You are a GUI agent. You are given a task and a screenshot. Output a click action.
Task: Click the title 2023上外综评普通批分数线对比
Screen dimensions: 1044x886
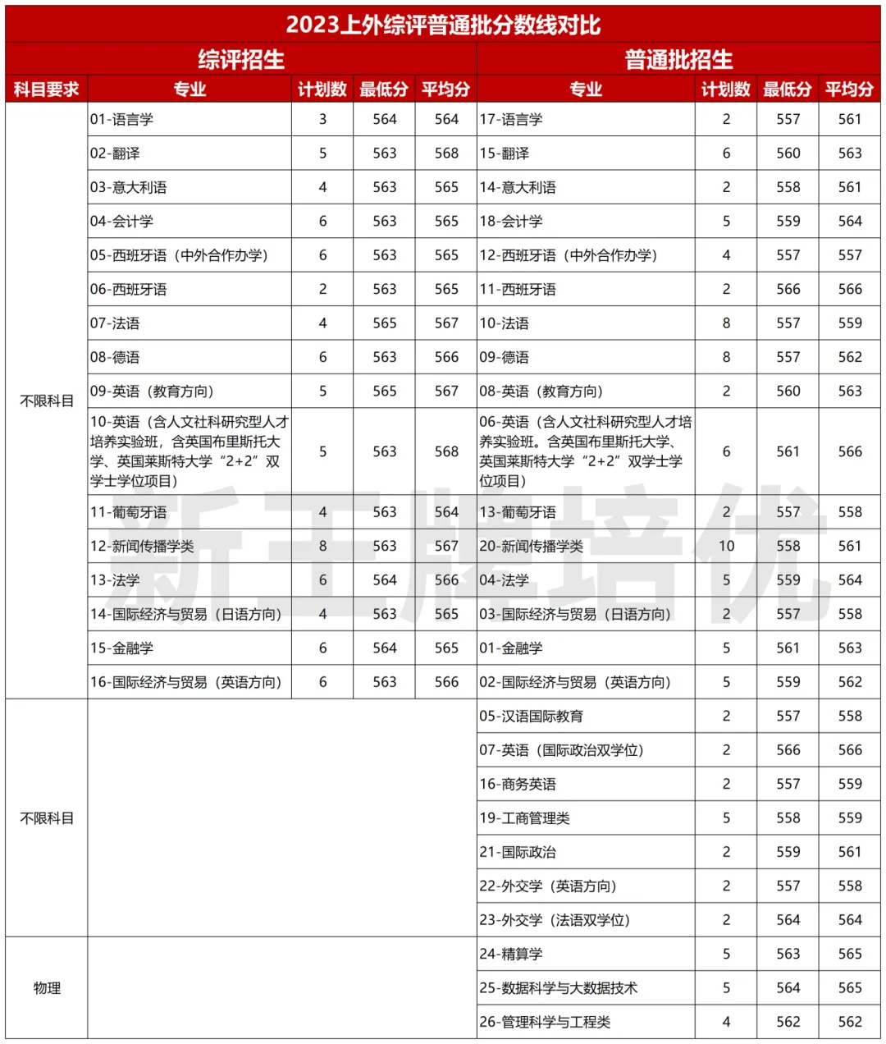click(443, 24)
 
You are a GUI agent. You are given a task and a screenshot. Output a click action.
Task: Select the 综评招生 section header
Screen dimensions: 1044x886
click(241, 59)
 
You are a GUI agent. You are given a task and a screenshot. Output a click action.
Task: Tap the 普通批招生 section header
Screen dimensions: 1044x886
click(678, 59)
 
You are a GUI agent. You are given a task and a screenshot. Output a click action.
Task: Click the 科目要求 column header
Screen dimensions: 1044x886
click(46, 89)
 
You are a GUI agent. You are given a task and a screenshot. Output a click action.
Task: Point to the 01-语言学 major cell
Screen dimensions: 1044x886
click(122, 119)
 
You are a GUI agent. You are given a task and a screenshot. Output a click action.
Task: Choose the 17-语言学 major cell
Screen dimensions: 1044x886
click(511, 119)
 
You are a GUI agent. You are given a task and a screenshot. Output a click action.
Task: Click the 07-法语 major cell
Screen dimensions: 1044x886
click(115, 323)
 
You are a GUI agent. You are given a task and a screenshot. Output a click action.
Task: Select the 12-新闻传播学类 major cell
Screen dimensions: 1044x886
click(142, 546)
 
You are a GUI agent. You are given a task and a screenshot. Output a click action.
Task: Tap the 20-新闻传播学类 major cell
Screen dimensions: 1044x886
click(532, 546)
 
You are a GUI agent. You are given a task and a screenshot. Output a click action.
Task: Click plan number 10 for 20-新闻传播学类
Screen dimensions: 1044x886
click(726, 546)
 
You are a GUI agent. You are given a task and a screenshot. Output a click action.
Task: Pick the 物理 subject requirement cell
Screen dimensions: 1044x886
click(47, 988)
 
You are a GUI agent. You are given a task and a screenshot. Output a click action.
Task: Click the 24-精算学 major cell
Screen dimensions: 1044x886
click(511, 954)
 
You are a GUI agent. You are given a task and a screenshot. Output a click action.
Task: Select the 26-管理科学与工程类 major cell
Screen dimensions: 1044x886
click(546, 1022)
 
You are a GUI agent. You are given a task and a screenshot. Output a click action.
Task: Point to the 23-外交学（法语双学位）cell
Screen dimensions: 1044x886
click(555, 920)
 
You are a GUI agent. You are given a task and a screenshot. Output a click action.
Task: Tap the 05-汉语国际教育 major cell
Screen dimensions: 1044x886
click(532, 716)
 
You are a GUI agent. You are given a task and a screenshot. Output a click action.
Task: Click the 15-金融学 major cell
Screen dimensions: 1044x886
click(122, 648)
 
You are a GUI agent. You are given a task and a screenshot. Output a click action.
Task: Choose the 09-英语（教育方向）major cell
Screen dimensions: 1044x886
click(152, 391)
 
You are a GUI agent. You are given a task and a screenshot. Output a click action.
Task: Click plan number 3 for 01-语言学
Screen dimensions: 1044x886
click(322, 119)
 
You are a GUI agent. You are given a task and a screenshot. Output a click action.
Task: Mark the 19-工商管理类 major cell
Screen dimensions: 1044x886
click(525, 818)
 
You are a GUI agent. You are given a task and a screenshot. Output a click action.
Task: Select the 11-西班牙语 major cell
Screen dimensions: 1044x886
click(518, 289)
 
